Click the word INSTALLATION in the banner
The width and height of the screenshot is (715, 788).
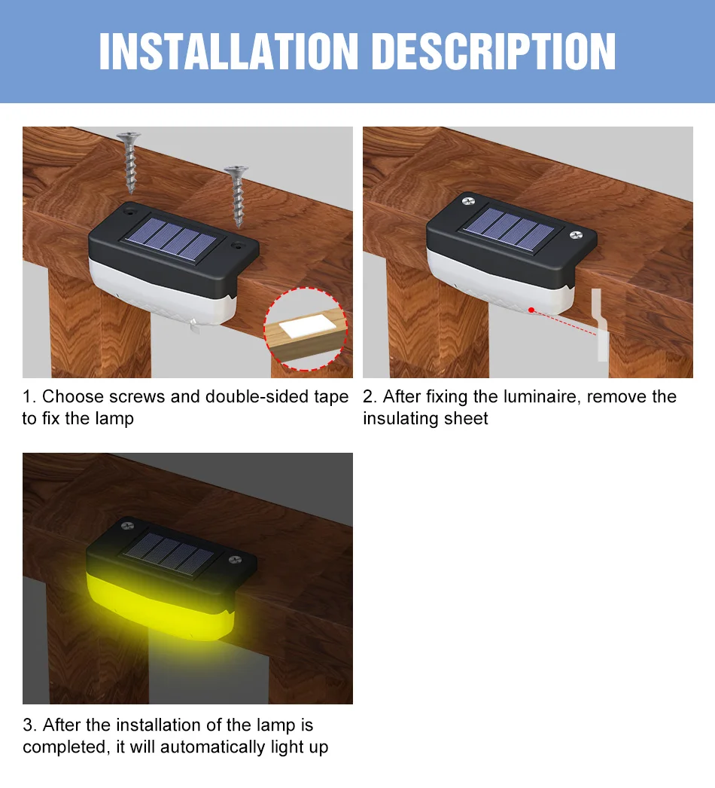[x=229, y=51]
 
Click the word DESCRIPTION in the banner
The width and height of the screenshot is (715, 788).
[x=495, y=51]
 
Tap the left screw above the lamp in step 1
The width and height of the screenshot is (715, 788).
[x=129, y=162]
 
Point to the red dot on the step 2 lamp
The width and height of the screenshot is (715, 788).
[x=531, y=310]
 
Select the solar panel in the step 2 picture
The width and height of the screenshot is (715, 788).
[x=510, y=229]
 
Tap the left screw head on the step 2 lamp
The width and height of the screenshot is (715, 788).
[x=468, y=201]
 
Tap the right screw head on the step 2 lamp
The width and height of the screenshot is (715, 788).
[x=576, y=235]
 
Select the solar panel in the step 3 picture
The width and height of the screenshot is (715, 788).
[x=169, y=553]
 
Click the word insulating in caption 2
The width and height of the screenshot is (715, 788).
[x=399, y=418]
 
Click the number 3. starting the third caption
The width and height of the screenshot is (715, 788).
[x=29, y=725]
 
